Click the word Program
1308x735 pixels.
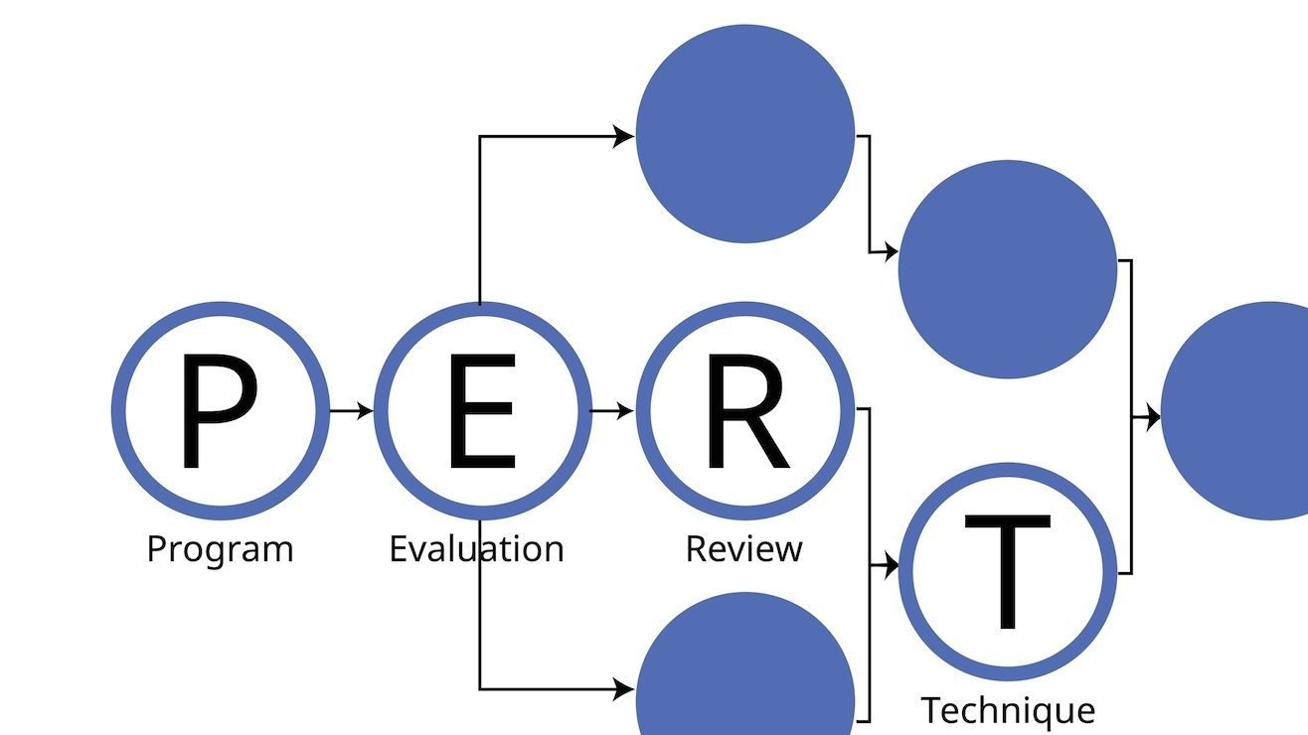click(x=220, y=549)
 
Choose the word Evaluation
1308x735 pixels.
click(x=476, y=549)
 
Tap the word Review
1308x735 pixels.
click(x=744, y=549)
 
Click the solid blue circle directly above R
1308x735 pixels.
click(x=745, y=133)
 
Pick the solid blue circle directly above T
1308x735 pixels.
click(x=1008, y=269)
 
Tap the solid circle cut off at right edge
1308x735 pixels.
click(x=1242, y=410)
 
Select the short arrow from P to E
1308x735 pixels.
click(x=351, y=409)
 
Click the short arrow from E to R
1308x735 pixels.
click(x=612, y=409)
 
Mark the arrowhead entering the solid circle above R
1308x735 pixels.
click(x=624, y=136)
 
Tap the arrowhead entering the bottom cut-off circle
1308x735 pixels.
click(x=624, y=688)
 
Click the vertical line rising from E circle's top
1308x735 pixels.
click(x=480, y=219)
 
